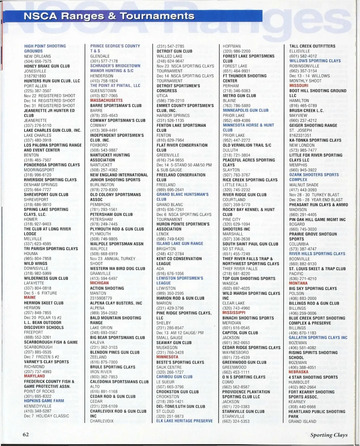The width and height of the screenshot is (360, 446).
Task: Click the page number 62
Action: [x=25, y=434]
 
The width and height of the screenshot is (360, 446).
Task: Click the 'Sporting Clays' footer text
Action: [x=328, y=435]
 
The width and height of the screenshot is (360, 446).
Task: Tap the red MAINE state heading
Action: [x=30, y=298]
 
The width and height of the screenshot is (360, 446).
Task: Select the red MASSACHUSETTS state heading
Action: [x=106, y=100]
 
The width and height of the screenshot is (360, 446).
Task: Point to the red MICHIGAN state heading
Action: [x=99, y=283]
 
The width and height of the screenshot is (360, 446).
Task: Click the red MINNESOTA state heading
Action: [x=167, y=357]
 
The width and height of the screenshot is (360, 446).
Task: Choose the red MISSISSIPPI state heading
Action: [x=234, y=313]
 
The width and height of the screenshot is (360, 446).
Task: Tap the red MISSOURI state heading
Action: [x=298, y=86]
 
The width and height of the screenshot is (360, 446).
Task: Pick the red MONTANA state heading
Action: [x=298, y=283]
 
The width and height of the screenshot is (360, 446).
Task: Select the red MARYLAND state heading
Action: [x=34, y=376]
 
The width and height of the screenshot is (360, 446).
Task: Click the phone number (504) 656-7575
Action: [x=37, y=61]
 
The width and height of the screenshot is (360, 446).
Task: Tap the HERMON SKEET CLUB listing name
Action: [x=44, y=303]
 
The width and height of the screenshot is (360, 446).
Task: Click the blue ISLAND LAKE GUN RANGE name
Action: [x=180, y=244]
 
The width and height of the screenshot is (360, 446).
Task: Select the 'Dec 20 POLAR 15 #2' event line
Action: [x=43, y=317]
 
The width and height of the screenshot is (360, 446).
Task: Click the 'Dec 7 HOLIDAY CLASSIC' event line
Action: [x=46, y=416]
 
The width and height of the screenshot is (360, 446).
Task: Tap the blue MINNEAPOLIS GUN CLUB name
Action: [x=245, y=110]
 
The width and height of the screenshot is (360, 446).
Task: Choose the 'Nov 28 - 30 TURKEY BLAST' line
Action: [x=314, y=195]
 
